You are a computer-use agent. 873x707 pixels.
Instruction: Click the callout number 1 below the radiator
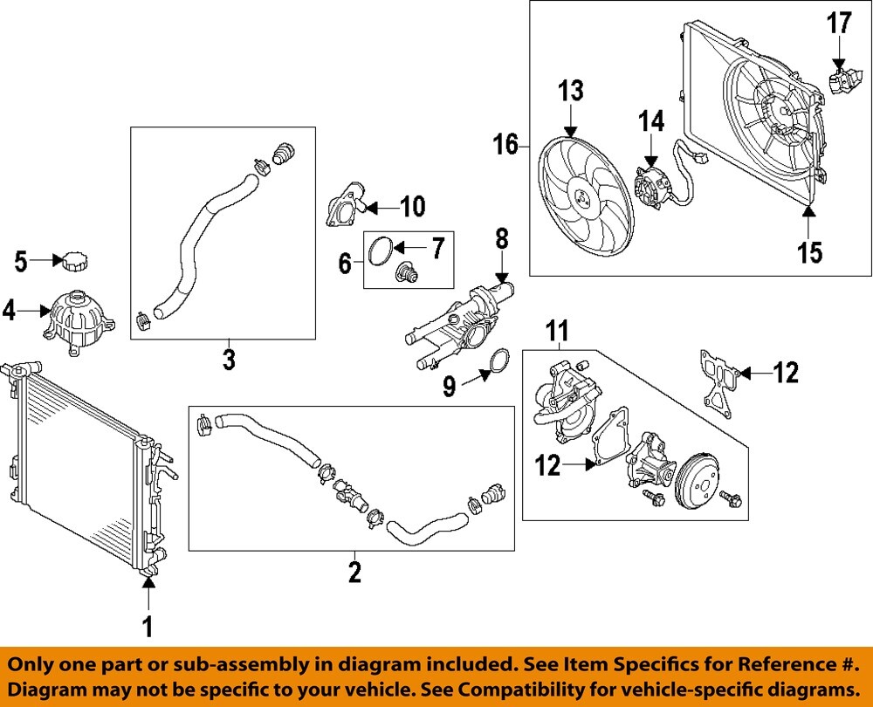click(148, 625)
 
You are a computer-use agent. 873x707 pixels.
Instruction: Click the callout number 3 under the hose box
click(229, 359)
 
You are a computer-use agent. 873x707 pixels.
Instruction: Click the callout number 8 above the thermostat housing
click(501, 237)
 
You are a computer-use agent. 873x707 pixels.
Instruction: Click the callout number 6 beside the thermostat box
click(346, 260)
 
